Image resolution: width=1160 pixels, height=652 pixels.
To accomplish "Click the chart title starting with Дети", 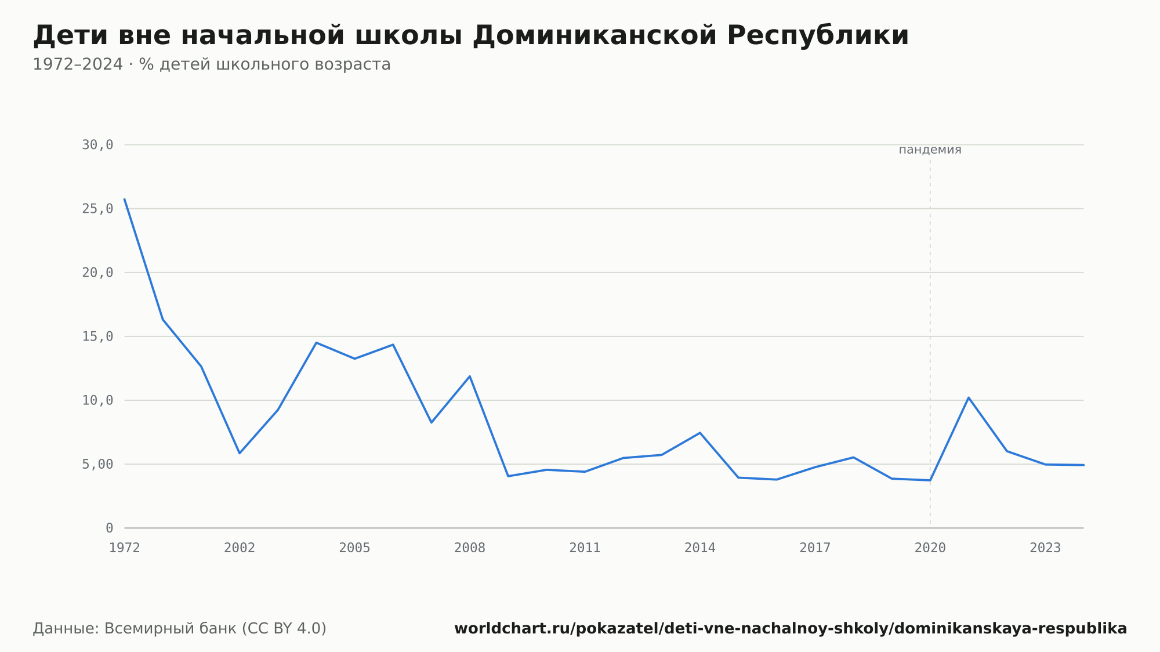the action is click(470, 35).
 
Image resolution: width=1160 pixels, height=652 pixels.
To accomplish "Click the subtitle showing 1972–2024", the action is click(212, 64).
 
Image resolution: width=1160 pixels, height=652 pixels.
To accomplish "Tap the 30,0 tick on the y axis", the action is click(97, 145).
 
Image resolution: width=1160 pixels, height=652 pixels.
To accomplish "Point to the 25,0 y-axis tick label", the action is click(97, 209).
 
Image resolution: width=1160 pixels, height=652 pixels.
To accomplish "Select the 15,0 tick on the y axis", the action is click(97, 336).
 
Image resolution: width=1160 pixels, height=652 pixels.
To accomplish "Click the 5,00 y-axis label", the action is click(97, 464).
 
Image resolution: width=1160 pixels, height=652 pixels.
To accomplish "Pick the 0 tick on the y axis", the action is click(109, 528).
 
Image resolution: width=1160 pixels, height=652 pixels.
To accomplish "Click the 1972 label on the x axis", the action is click(125, 548).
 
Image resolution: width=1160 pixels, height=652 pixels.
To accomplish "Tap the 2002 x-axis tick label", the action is click(240, 548).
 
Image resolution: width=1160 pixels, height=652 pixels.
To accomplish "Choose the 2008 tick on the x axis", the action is click(470, 548).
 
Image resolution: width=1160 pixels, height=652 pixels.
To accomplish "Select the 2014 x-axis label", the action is click(700, 548).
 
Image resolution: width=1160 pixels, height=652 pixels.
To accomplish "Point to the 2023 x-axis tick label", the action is click(1045, 548).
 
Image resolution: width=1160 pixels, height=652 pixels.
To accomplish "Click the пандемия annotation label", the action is click(930, 150).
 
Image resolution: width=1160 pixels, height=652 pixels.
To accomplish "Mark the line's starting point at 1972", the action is click(125, 199).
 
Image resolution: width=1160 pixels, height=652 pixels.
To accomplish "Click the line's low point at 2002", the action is click(240, 453).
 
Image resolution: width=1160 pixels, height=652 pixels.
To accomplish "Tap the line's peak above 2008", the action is click(470, 376).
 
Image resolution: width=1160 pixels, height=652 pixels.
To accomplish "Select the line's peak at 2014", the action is click(700, 433).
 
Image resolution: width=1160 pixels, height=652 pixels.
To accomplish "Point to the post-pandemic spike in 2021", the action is click(969, 397).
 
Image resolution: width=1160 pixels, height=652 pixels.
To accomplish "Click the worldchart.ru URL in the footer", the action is click(791, 629).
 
